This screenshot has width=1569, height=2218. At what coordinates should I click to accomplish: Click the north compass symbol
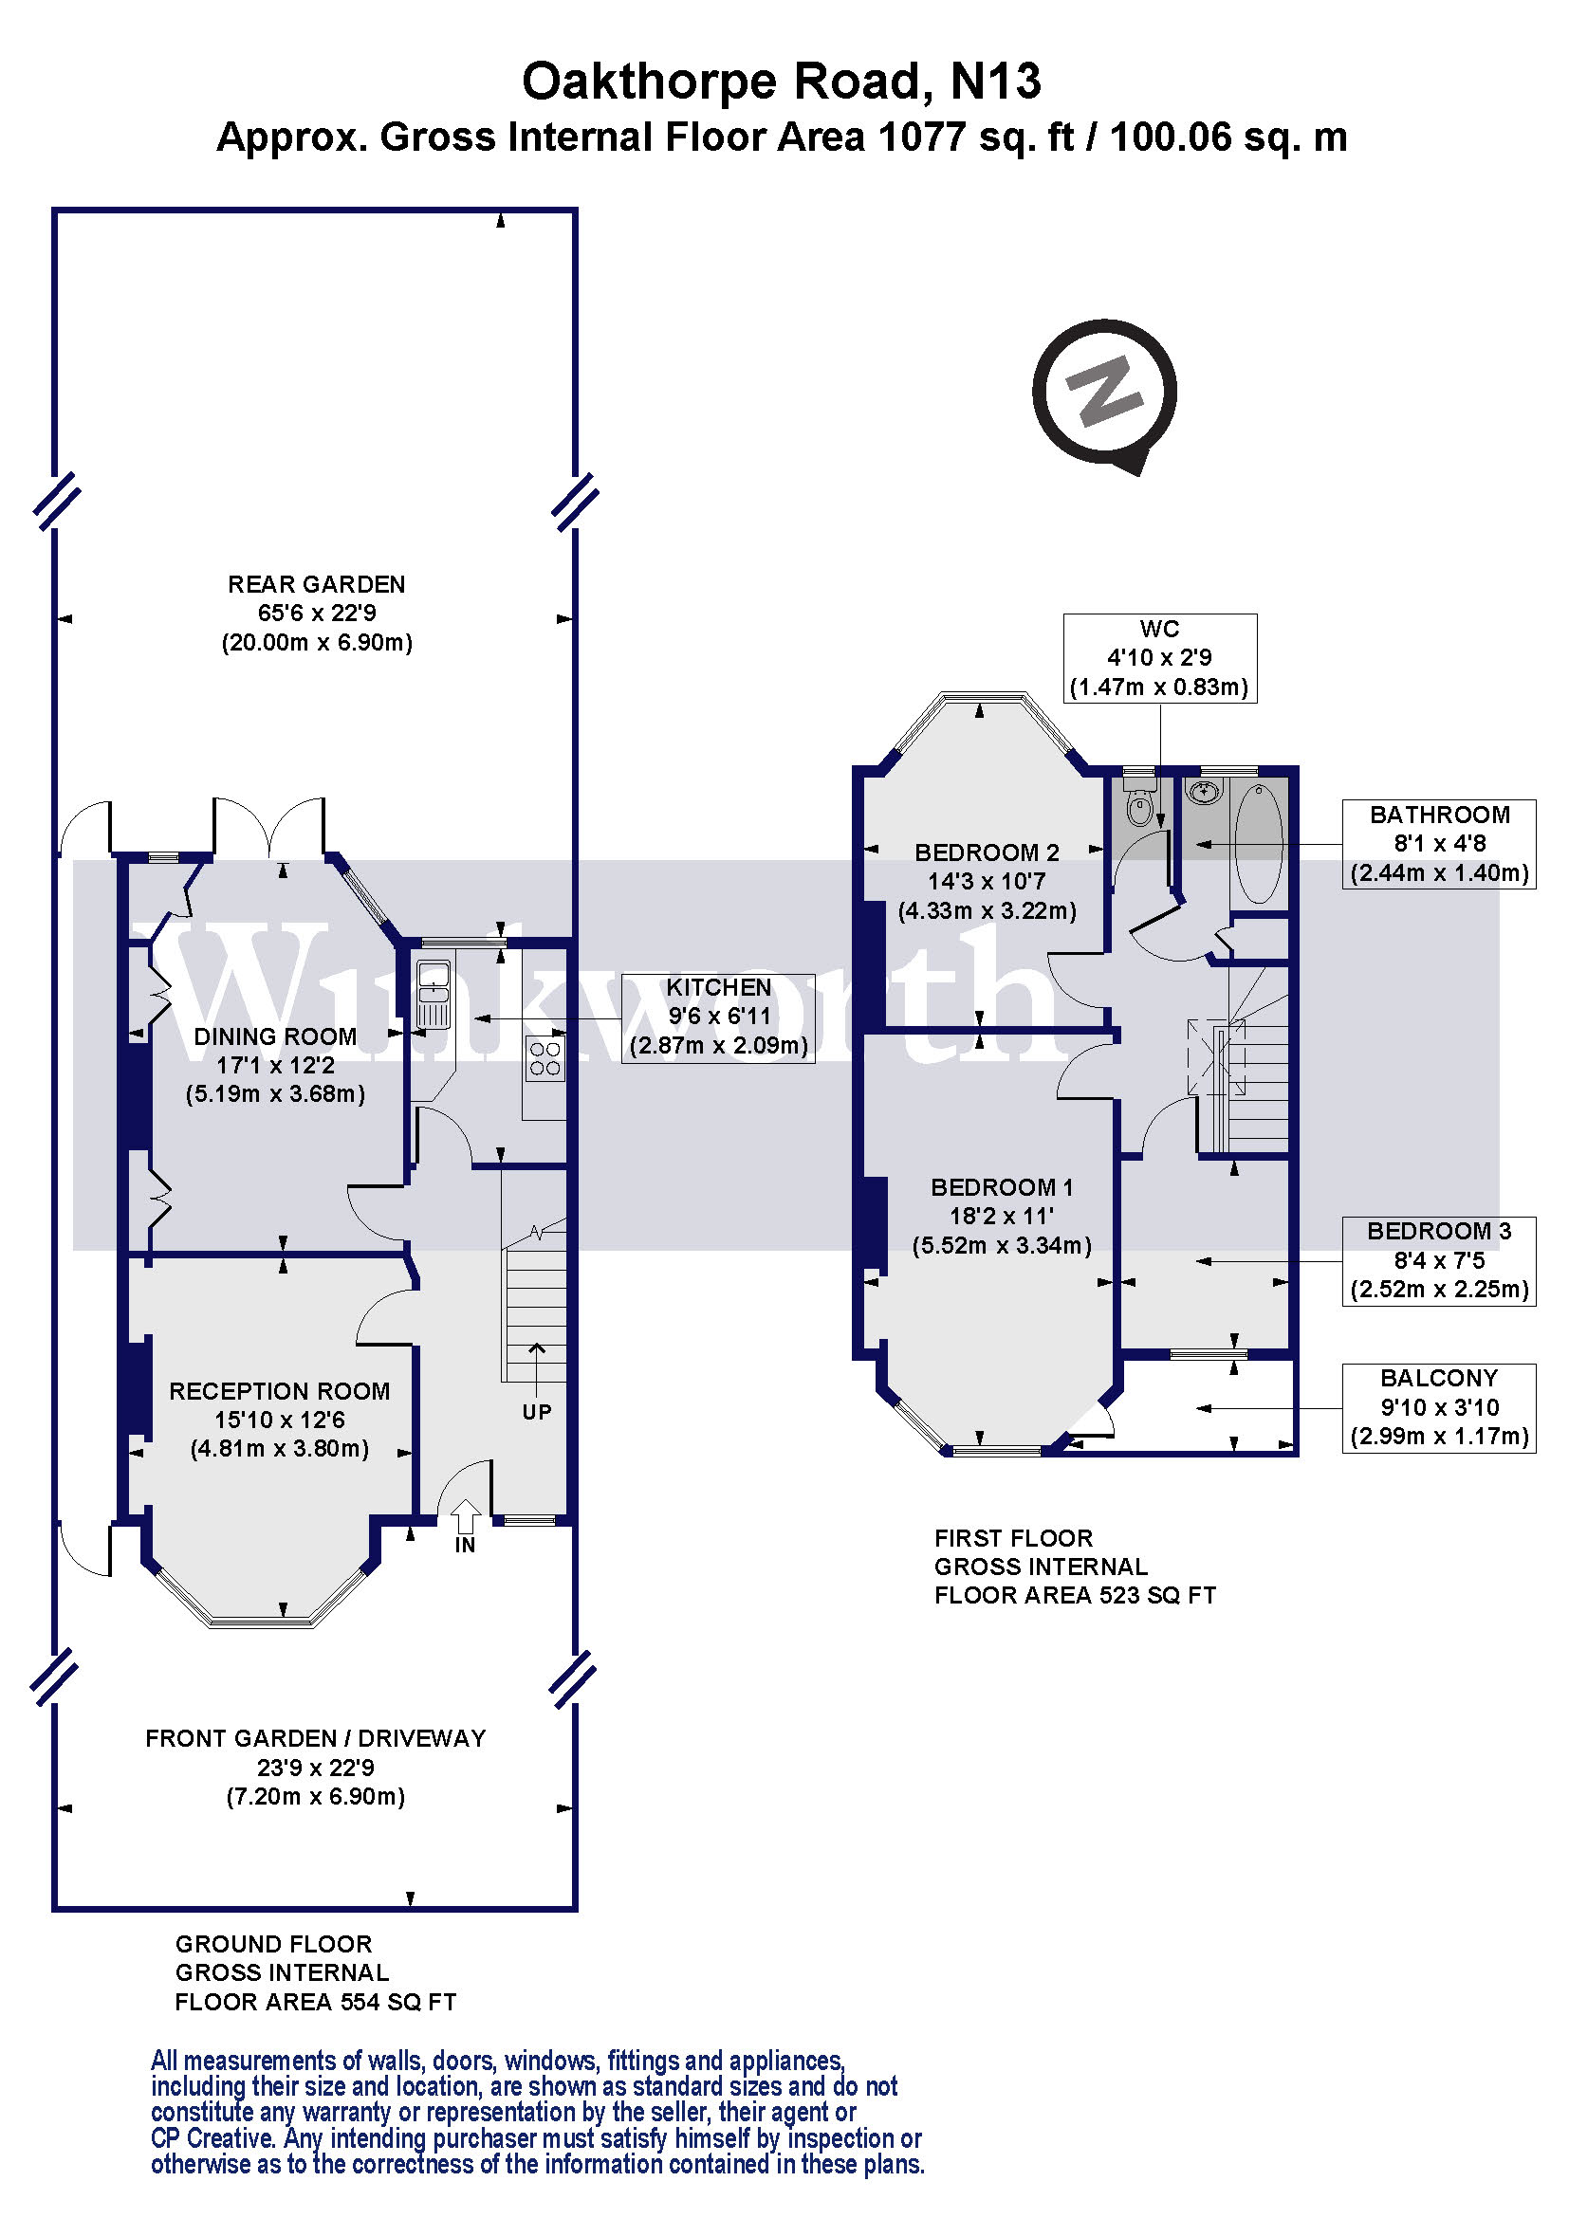1104,394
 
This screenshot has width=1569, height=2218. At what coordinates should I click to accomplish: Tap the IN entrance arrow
465,1516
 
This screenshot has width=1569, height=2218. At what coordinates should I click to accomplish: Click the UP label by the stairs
536,1412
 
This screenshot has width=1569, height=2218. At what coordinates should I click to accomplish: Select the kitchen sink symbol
434,994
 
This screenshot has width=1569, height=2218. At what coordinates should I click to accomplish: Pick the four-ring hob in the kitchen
545,1058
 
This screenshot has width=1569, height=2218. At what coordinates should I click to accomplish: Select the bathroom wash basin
1204,793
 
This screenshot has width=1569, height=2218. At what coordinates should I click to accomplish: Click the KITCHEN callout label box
718,1017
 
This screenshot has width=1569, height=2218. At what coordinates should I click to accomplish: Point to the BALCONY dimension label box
1439,1407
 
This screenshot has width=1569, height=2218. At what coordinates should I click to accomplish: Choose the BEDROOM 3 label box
1439,1260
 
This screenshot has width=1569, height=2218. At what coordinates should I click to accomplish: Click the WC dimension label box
1159,658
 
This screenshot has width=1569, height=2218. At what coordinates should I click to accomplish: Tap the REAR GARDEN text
316,584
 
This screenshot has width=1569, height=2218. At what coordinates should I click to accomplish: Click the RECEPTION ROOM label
279,1391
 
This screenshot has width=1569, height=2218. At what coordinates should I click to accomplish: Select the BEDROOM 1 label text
1001,1187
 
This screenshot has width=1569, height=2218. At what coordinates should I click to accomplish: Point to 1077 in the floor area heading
922,137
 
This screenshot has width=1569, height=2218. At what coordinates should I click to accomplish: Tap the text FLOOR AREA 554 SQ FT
315,2003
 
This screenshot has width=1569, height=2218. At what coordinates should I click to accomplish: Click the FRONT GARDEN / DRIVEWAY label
315,1739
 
